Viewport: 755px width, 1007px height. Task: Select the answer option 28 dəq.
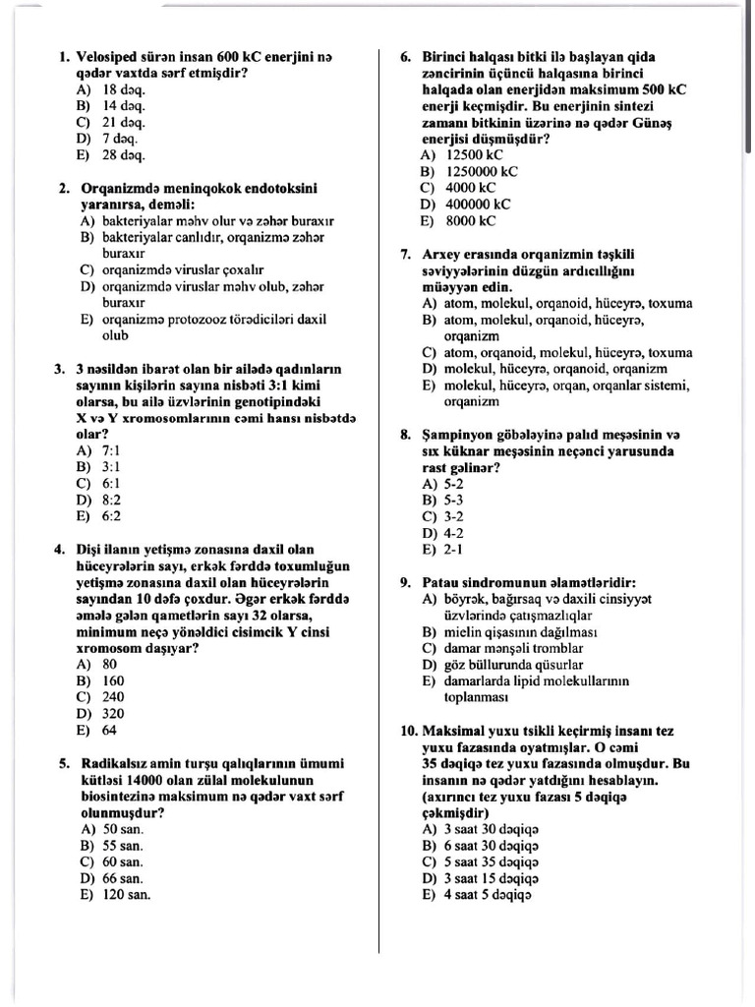[124, 155]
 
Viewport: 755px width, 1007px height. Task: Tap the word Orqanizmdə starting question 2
[122, 188]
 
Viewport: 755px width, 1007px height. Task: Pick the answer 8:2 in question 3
[111, 499]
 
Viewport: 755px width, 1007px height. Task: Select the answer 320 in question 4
[113, 713]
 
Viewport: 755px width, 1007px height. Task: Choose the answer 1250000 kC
[481, 171]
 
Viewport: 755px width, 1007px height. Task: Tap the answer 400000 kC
[478, 205]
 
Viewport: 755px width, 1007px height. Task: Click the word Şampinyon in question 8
[460, 435]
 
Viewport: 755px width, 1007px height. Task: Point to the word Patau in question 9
[440, 582]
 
